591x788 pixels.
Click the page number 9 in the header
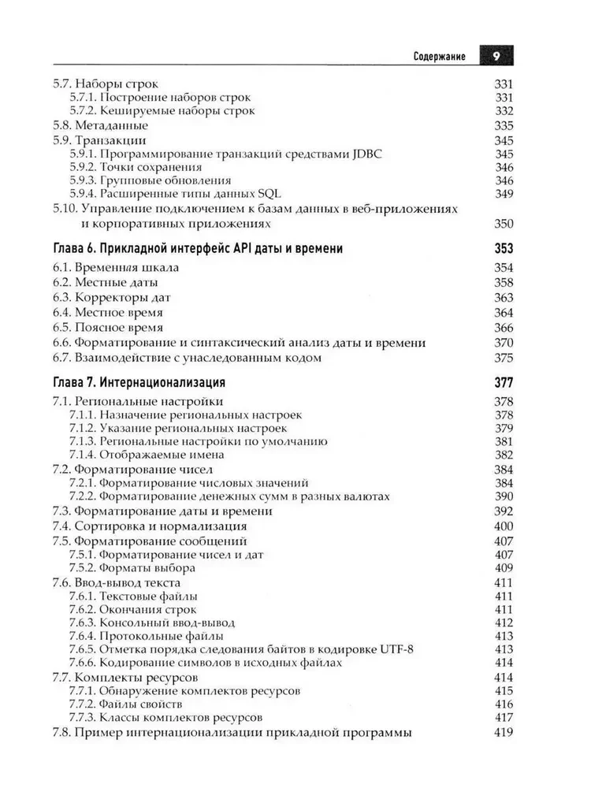click(496, 57)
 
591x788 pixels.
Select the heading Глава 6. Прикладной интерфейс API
click(197, 249)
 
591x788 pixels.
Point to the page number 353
click(503, 249)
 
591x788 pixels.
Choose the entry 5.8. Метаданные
click(100, 125)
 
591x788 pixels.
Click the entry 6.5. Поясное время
click(108, 327)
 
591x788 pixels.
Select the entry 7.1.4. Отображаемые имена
click(147, 454)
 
